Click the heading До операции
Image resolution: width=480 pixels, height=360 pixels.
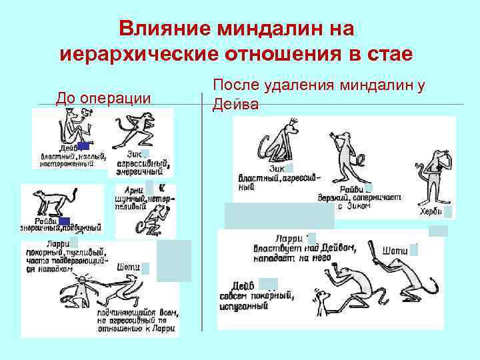tap(103, 99)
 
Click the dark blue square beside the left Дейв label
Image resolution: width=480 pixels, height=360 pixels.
tap(83, 146)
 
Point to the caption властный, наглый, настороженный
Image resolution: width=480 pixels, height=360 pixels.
tap(73, 157)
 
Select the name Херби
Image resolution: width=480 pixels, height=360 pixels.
tap(430, 212)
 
